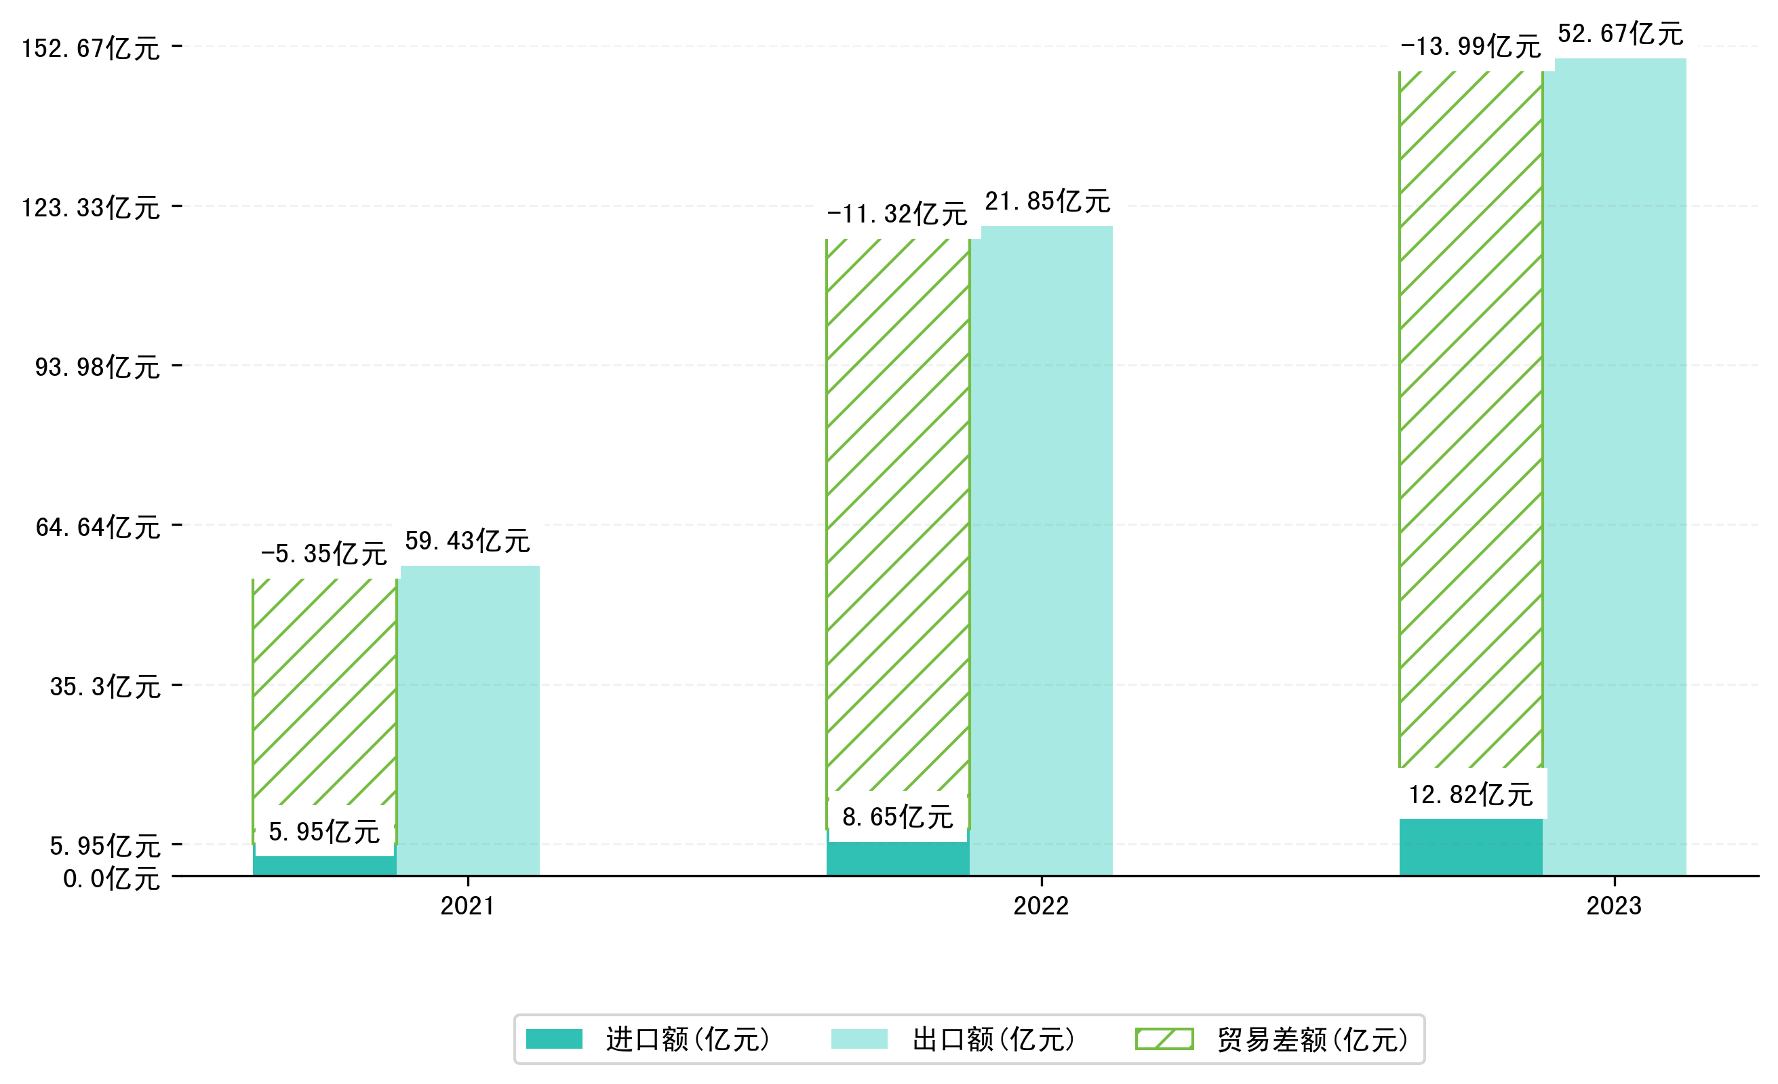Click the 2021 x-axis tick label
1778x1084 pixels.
[x=468, y=906]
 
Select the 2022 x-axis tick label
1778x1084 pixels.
[x=1040, y=906]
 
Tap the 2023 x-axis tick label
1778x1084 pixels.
[x=1613, y=906]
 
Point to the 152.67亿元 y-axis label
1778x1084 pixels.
[x=91, y=48]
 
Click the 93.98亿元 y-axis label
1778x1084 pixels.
[x=98, y=368]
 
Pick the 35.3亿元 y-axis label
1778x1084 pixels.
[x=104, y=686]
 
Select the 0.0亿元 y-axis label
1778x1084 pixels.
[x=111, y=879]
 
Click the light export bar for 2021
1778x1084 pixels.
[x=469, y=722]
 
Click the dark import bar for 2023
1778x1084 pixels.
[x=1471, y=847]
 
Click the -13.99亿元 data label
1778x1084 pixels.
[x=1471, y=47]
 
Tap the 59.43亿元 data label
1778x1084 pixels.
[x=468, y=541]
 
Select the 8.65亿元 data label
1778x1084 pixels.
[x=898, y=817]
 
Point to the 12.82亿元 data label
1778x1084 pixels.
[x=1471, y=794]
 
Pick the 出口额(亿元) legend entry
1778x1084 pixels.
[x=954, y=1039]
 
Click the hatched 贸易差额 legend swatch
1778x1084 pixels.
[x=1164, y=1039]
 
